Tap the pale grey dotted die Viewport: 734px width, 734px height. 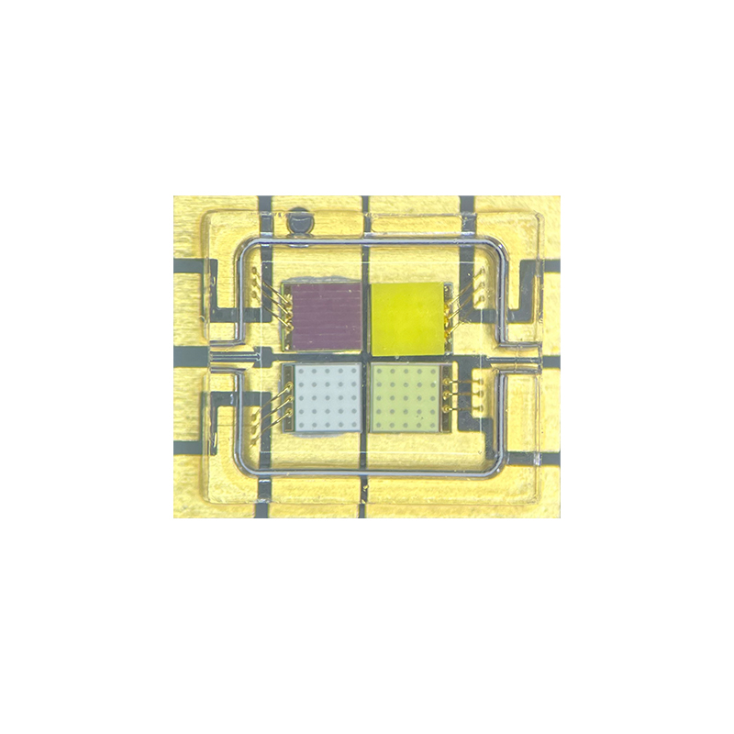point(328,399)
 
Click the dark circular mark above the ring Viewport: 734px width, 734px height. point(298,223)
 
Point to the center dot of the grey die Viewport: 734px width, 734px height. point(328,399)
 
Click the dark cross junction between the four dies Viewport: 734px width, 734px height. point(365,357)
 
